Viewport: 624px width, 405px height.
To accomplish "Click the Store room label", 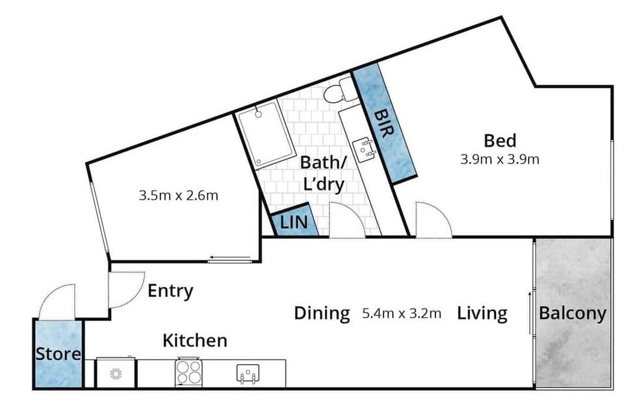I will tap(58, 354).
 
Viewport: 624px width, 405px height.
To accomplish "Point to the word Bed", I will tap(500, 140).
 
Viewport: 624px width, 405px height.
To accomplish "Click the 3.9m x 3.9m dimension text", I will tap(500, 159).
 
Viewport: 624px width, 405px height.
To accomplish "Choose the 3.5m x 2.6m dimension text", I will tap(178, 195).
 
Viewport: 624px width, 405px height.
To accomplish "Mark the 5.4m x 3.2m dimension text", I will tap(402, 314).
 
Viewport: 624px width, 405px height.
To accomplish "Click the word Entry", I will tap(170, 291).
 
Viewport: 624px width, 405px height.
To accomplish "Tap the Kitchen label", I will tap(194, 340).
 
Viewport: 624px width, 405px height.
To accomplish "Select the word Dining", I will tap(322, 313).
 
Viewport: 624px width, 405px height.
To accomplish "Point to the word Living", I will tap(482, 313).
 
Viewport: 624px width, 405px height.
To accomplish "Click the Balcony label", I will tap(573, 313).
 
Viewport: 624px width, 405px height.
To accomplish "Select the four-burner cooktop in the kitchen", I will tap(188, 373).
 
